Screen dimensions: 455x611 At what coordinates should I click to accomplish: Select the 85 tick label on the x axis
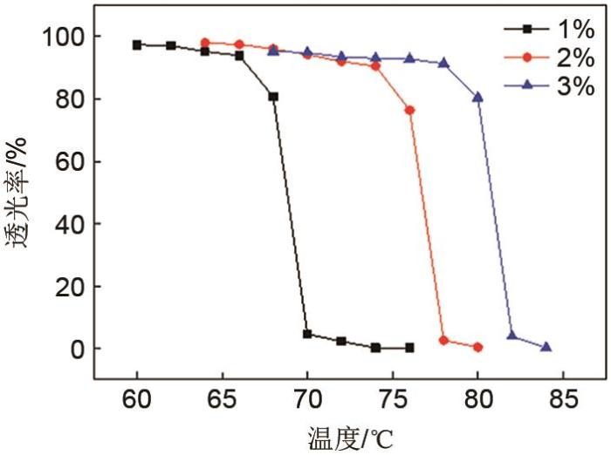563,403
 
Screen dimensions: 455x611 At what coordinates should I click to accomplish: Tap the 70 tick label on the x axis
307,403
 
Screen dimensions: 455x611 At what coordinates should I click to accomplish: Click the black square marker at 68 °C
273,97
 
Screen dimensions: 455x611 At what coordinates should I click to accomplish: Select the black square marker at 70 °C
307,334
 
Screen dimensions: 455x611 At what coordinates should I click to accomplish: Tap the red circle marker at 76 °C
409,110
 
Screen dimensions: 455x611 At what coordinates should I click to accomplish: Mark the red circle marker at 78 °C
443,340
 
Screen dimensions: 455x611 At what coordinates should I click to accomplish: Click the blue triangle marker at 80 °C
477,97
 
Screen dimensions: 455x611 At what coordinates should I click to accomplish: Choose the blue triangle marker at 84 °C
546,347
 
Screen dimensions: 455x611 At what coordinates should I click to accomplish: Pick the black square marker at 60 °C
137,44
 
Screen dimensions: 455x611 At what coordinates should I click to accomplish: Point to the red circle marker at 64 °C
205,42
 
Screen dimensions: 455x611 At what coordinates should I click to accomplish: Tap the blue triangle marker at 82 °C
511,336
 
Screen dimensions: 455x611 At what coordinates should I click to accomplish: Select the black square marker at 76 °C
409,347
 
